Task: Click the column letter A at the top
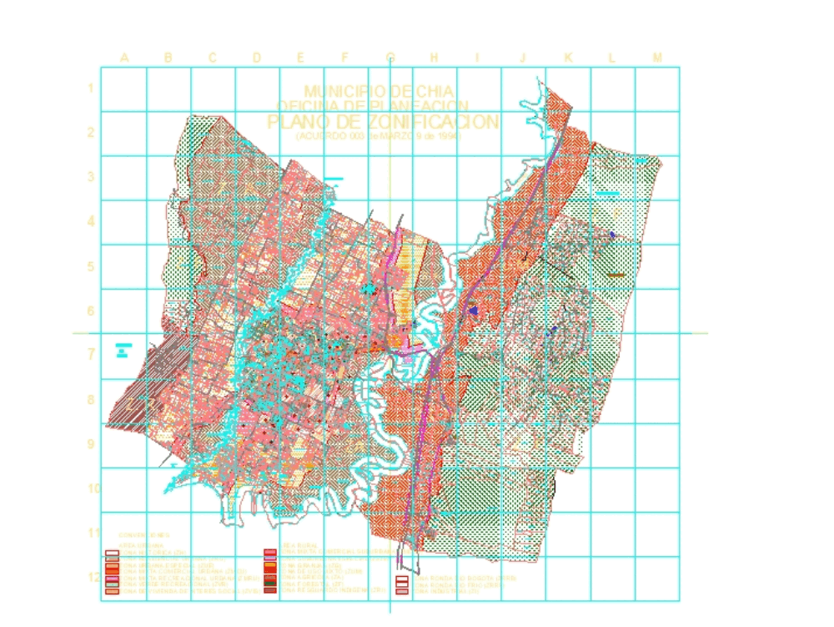point(124,58)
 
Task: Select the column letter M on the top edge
point(657,58)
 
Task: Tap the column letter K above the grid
point(568,58)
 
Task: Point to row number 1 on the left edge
point(89,88)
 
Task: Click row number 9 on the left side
point(89,443)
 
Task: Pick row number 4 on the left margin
point(89,221)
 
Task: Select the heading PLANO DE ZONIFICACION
point(384,122)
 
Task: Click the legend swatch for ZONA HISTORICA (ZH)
point(113,553)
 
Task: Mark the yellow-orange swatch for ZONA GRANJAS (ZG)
point(269,565)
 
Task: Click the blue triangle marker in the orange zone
point(474,310)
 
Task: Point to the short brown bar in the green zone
point(616,275)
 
